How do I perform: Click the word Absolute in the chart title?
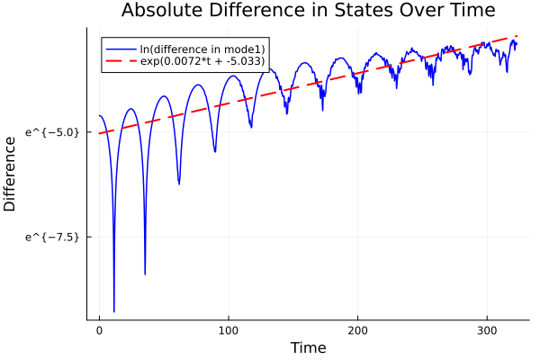pyautogui.click(x=160, y=12)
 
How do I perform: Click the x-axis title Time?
pyautogui.click(x=308, y=347)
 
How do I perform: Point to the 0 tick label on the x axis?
pyautogui.click(x=99, y=329)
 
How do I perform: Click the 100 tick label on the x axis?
pyautogui.click(x=229, y=329)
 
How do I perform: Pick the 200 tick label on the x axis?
pyautogui.click(x=357, y=329)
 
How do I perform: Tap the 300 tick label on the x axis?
pyautogui.click(x=487, y=329)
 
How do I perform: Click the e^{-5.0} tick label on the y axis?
pyautogui.click(x=52, y=131)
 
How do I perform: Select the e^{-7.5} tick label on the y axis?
pyautogui.click(x=52, y=236)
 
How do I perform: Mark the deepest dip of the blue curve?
pyautogui.click(x=113, y=310)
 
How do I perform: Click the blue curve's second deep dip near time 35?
pyautogui.click(x=145, y=274)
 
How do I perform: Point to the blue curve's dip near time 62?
pyautogui.click(x=179, y=184)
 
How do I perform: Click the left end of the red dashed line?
pyautogui.click(x=99, y=133)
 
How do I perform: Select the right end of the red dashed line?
pyautogui.click(x=517, y=36)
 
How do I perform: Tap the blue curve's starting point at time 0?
pyautogui.click(x=99, y=115)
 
